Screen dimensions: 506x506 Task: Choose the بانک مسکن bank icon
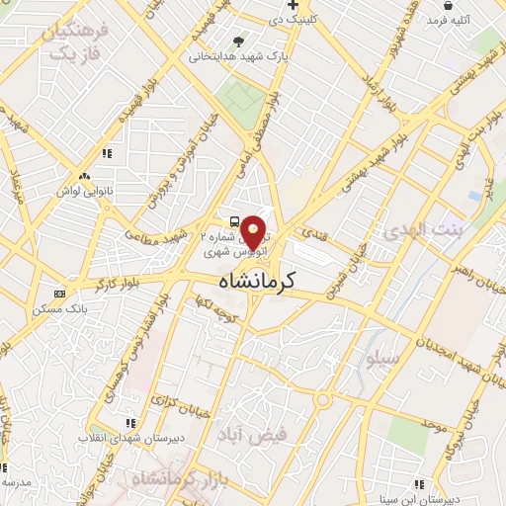(59, 294)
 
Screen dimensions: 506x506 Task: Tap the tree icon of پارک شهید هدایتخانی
(237, 41)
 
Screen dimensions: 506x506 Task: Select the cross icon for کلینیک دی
(293, 5)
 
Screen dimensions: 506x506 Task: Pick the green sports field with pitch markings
(240, 97)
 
